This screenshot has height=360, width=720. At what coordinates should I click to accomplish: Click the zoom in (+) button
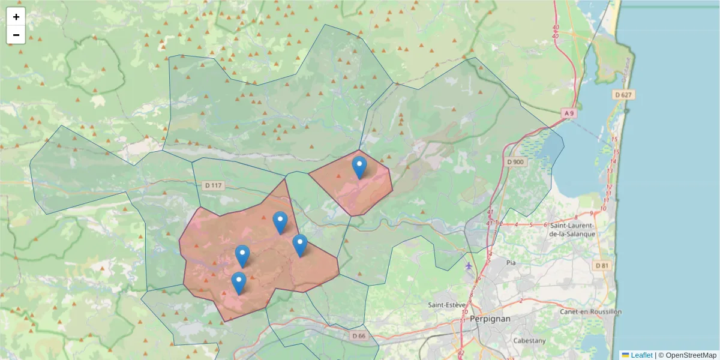coord(16,17)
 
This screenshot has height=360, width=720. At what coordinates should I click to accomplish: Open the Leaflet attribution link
coord(641,355)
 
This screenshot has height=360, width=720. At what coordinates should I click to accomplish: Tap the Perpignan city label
coord(490,319)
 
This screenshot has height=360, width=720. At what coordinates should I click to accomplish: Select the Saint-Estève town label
coord(445,305)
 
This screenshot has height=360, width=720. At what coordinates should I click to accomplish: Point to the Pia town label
coord(511,262)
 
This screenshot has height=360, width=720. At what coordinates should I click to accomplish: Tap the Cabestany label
coord(529,340)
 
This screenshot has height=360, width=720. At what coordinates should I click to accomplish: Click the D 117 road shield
coord(213,185)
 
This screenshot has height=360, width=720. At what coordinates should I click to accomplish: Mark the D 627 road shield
coord(624,95)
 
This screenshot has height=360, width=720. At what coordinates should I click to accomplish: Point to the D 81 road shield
coord(603,265)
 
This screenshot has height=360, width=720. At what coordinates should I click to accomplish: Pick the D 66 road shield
coord(359,336)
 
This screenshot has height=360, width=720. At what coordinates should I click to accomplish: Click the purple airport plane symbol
coord(469,265)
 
